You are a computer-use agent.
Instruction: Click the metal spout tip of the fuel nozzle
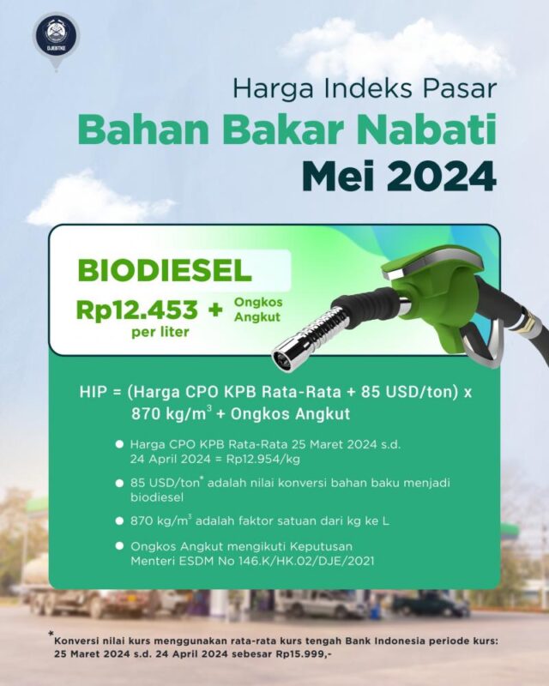[x=282, y=358]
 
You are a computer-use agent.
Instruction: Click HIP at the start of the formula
[x=94, y=394]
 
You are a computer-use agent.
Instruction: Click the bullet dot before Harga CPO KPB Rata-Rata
[x=118, y=446]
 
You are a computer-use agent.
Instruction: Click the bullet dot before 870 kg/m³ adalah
[x=118, y=521]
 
